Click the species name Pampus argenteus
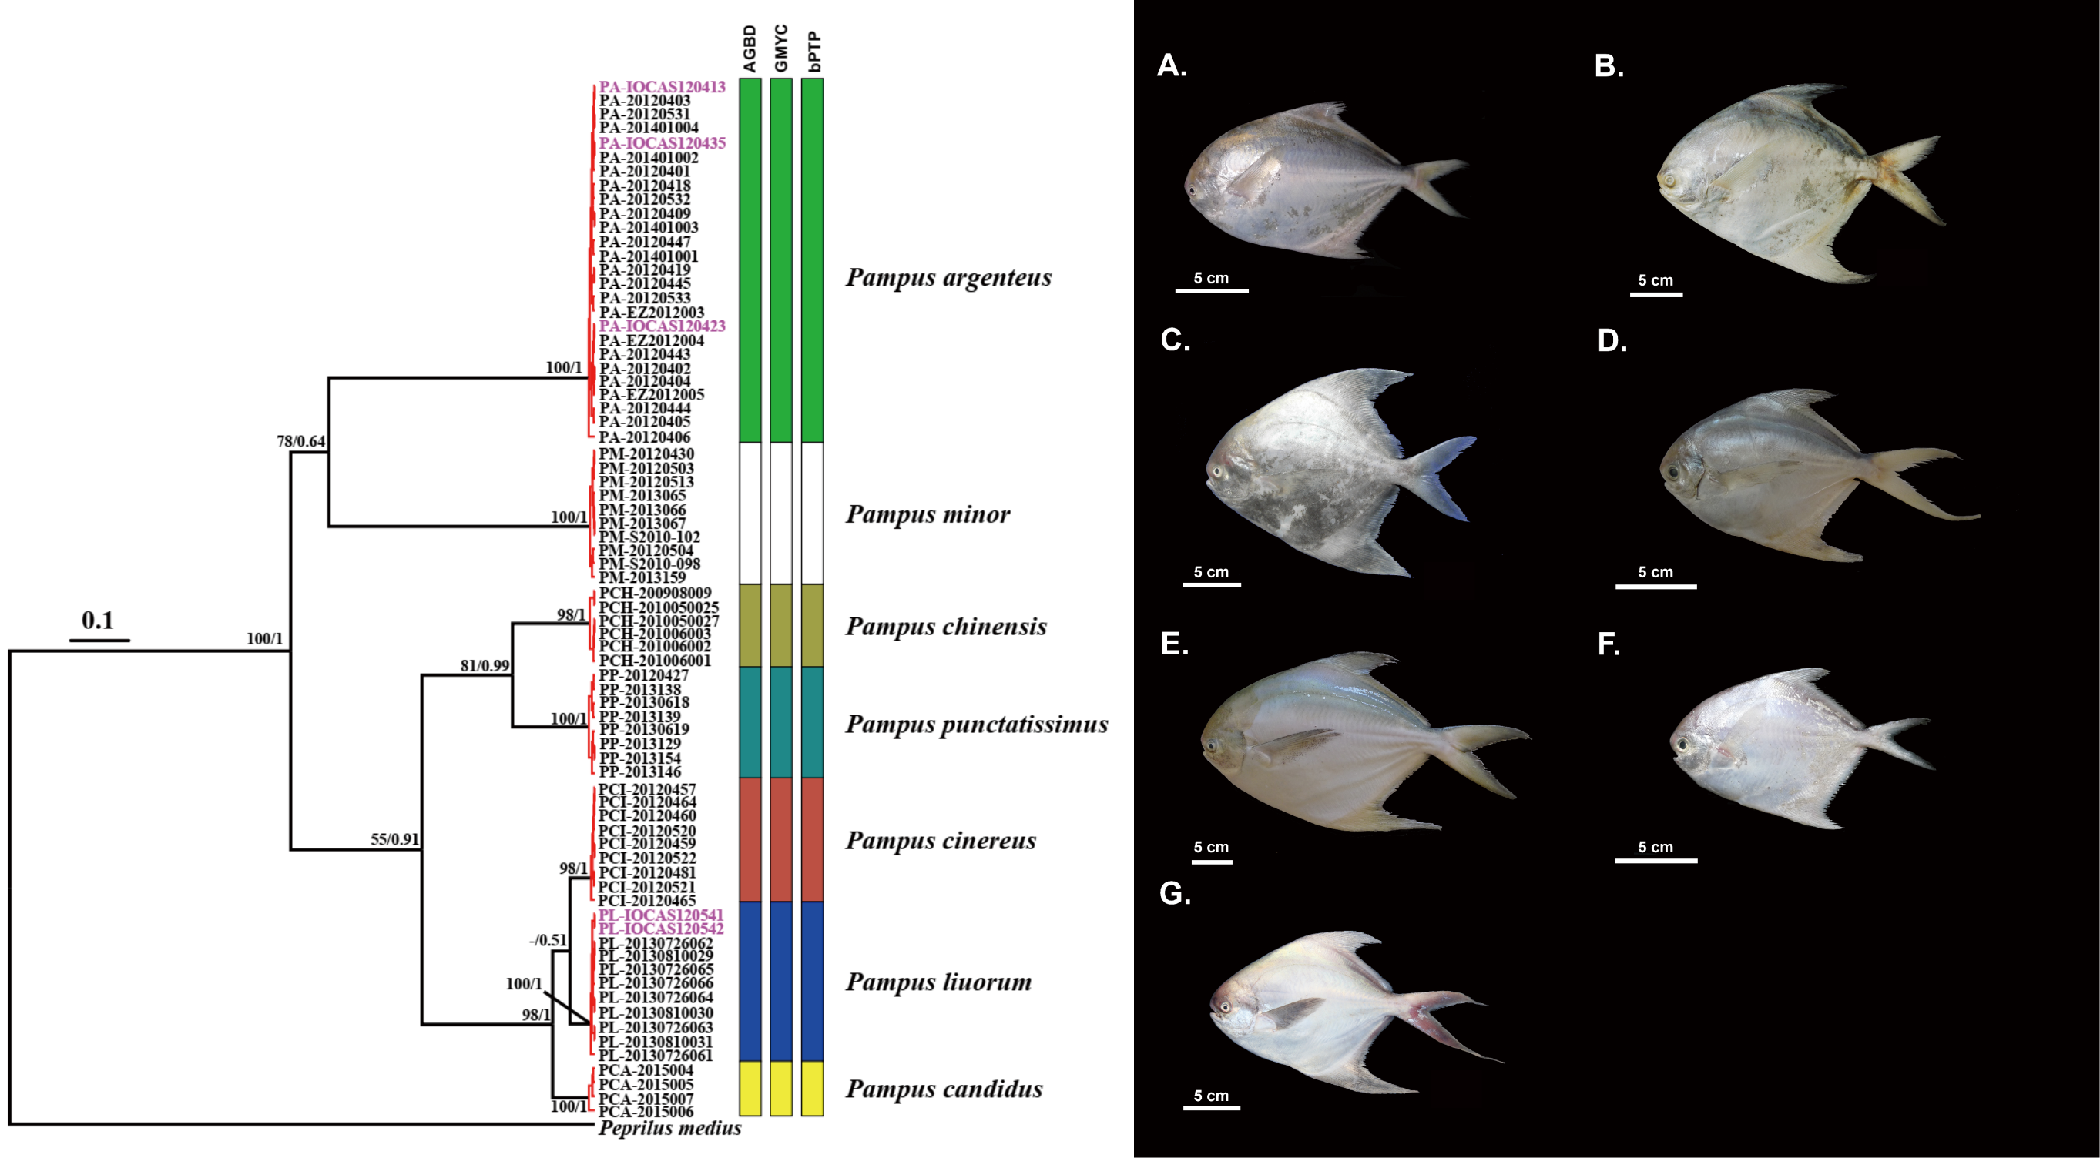(948, 278)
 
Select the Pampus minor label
(928, 515)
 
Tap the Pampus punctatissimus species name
(977, 725)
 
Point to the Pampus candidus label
(944, 1089)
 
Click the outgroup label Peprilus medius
(669, 1129)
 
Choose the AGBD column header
(750, 49)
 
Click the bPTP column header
(813, 52)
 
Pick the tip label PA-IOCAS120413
(662, 87)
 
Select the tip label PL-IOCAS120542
(661, 929)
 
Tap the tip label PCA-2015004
(646, 1071)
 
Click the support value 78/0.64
(300, 442)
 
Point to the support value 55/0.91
(394, 839)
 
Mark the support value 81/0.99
(485, 666)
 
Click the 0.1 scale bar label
(98, 621)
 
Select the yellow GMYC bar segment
(781, 1088)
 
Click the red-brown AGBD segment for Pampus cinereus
(750, 839)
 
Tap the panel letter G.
(1175, 894)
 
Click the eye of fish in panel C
(1218, 471)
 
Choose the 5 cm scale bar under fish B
(1656, 293)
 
